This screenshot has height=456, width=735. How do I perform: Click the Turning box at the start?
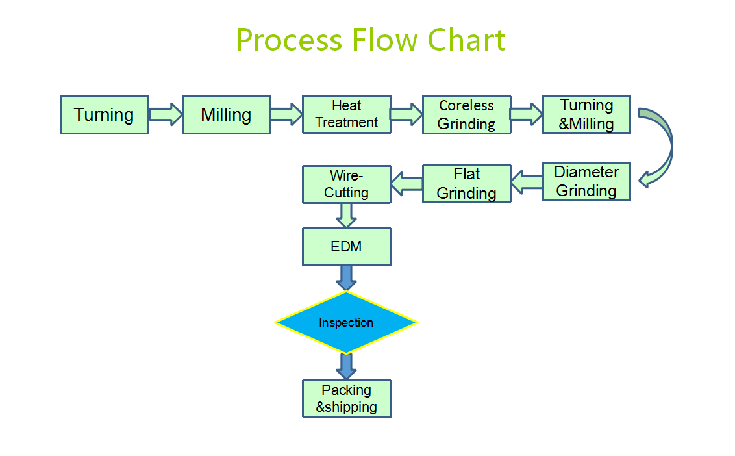click(x=104, y=115)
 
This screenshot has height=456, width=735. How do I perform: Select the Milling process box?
click(x=227, y=115)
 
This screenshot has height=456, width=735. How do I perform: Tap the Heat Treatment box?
click(x=347, y=114)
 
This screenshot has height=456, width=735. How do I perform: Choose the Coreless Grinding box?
click(x=466, y=115)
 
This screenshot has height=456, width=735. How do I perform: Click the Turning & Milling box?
click(x=586, y=114)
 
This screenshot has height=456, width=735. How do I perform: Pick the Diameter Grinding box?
click(x=586, y=182)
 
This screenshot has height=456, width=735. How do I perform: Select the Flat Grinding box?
click(x=466, y=184)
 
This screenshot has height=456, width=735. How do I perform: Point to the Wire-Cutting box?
click(x=347, y=184)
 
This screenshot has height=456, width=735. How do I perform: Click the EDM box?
click(x=347, y=247)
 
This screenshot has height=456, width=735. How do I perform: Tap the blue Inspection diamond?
click(x=346, y=322)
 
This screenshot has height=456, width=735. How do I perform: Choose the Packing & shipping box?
click(x=347, y=398)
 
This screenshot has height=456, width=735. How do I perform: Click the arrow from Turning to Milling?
click(x=166, y=114)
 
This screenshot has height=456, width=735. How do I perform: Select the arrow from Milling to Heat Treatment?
click(x=286, y=114)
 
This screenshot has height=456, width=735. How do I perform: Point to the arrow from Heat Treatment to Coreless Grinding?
click(x=406, y=114)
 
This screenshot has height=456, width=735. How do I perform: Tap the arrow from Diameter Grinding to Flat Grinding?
click(x=527, y=182)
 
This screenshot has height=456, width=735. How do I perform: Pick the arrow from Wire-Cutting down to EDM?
click(x=347, y=216)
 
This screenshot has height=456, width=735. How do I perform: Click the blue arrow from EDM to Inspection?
click(x=347, y=278)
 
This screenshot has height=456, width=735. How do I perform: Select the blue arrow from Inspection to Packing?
click(x=347, y=366)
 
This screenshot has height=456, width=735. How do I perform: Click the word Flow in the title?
click(x=384, y=40)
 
